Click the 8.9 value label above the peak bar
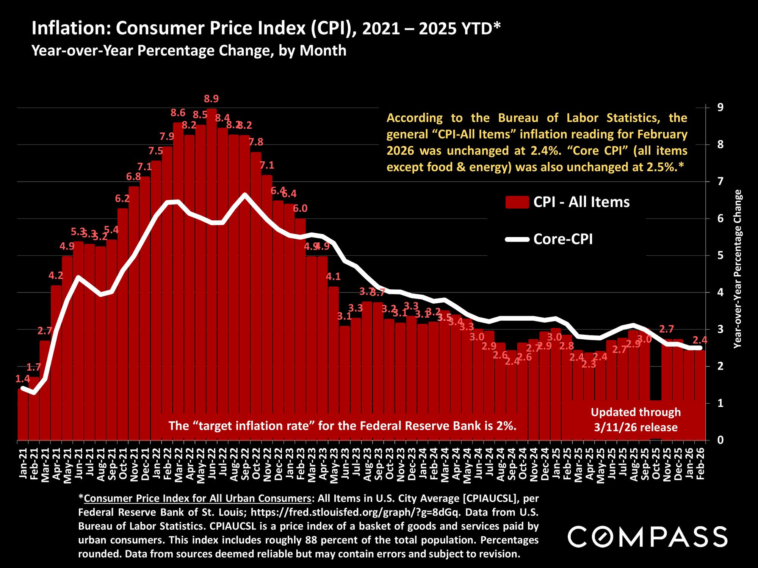click(x=211, y=99)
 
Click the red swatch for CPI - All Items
click(x=517, y=202)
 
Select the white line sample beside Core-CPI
click(x=517, y=239)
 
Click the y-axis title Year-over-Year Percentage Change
click(x=738, y=269)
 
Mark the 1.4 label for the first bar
click(x=22, y=379)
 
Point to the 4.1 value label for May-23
click(x=334, y=277)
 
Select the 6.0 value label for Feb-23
click(x=300, y=208)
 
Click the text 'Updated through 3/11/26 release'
click(x=636, y=420)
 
